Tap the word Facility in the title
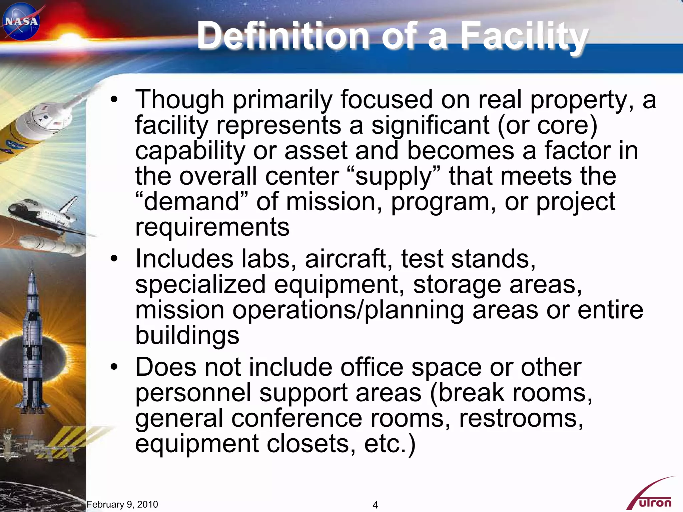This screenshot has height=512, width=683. point(524,36)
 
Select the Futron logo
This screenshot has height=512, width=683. point(652,497)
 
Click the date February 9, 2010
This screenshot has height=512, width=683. point(122,504)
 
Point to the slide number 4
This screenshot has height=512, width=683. point(375,505)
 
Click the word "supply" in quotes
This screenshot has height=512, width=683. point(394,177)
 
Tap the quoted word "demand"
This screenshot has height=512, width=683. point(192,202)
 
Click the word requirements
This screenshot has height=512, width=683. point(212,227)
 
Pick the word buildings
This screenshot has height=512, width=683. point(187,335)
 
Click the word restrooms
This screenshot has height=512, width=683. point(521,418)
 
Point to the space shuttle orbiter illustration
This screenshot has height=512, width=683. point(43,213)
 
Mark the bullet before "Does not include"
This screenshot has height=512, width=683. point(114,367)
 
